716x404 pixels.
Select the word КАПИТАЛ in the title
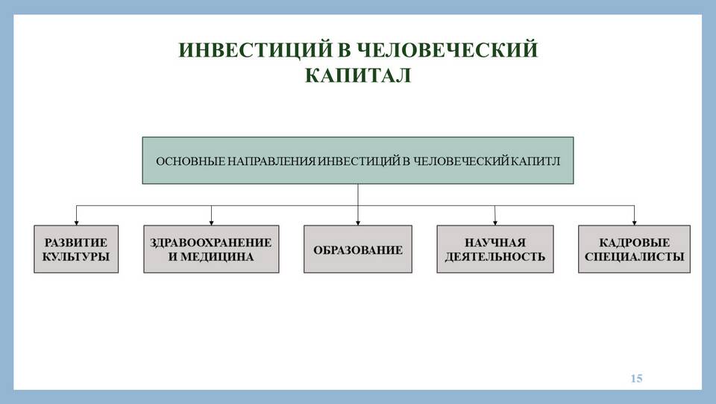358,75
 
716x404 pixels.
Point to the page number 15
636,378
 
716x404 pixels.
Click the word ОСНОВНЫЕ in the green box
190,161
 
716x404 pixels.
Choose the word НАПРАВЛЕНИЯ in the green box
271,161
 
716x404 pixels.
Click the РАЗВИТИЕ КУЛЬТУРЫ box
76,249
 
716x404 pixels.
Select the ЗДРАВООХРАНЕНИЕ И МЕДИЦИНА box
211,249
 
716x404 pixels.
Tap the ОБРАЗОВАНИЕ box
358,249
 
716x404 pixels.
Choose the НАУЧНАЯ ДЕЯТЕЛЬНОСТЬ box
495,249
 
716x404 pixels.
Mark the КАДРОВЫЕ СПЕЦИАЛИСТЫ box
634,249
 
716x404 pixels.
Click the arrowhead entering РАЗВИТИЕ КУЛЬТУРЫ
76,223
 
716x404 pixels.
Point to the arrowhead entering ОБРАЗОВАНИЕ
358,223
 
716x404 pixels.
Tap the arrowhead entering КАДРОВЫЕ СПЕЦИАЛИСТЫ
634,223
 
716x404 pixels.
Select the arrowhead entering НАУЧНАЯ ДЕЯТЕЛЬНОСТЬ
495,223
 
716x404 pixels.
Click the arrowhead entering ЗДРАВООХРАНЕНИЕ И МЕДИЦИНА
211,223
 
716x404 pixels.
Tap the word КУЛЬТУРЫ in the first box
76,257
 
